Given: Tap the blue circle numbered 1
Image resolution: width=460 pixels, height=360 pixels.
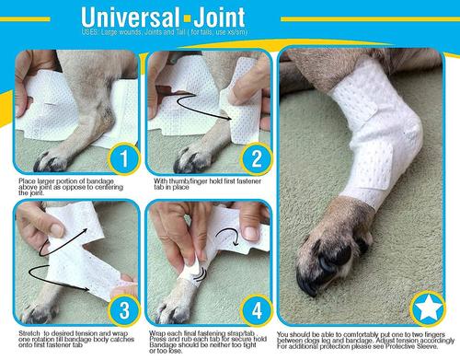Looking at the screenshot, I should tap(118, 158).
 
